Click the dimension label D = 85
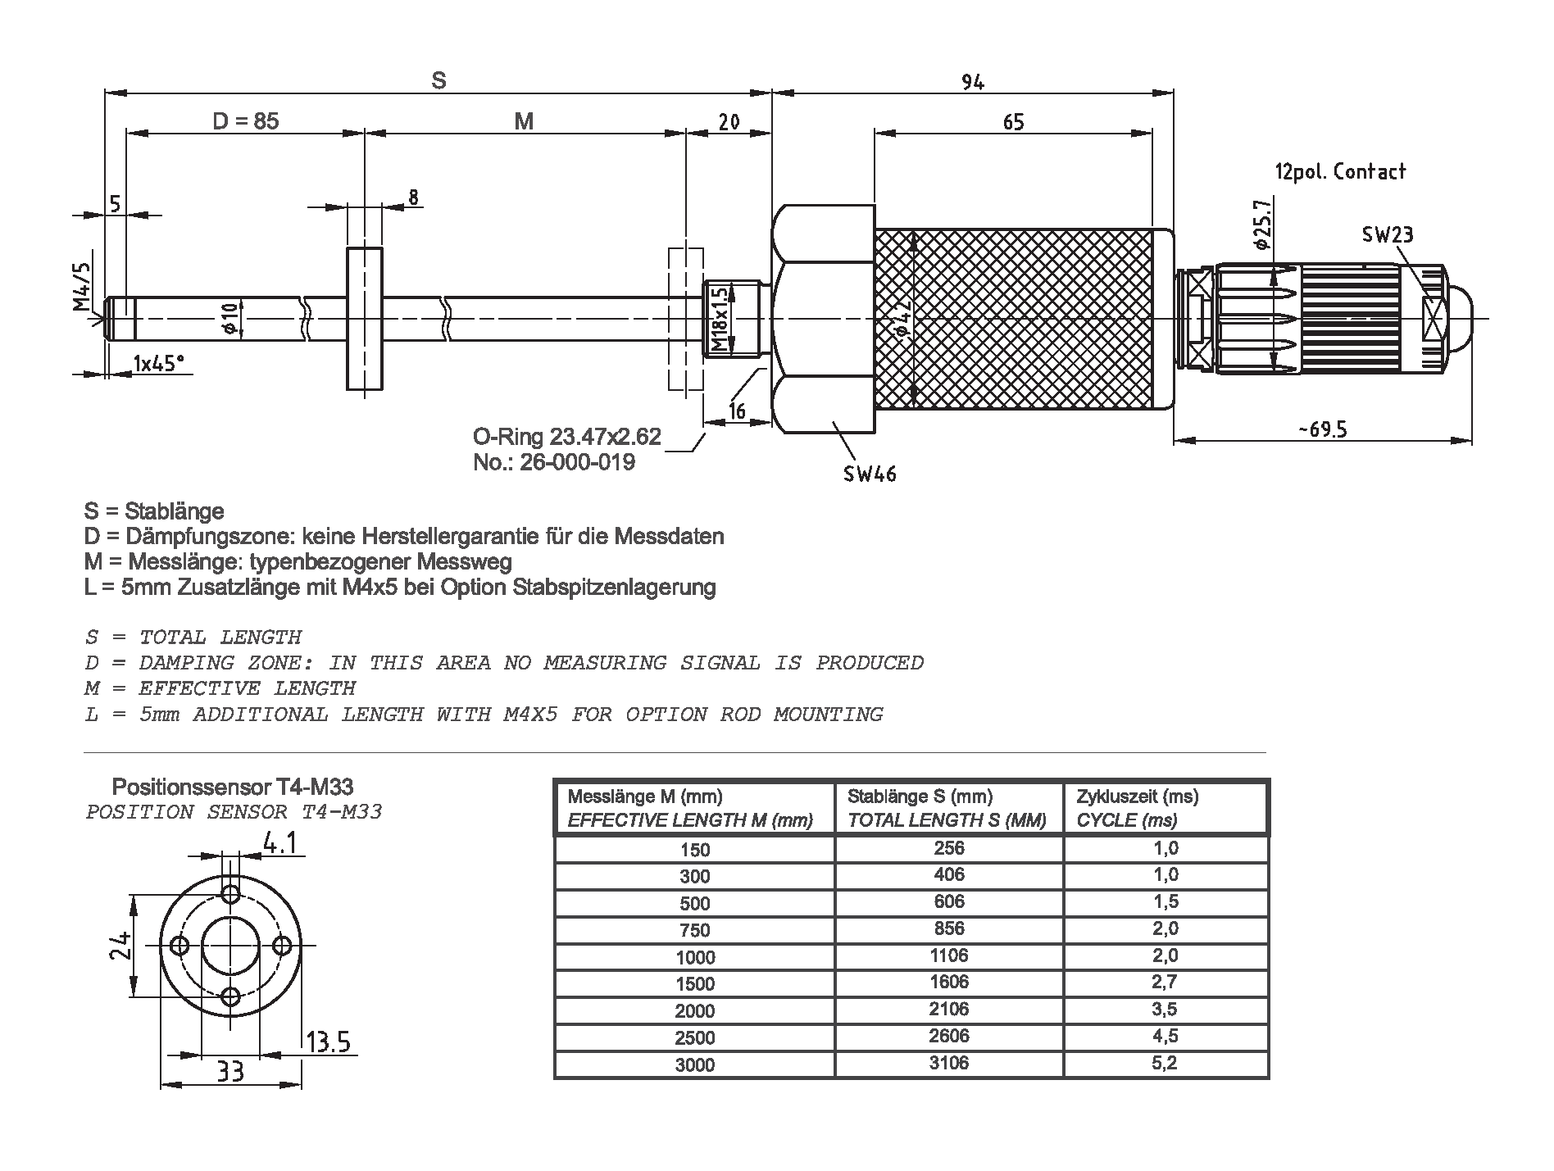tap(245, 121)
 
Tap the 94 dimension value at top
tap(972, 82)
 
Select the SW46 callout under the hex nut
tap(870, 474)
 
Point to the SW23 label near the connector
tap(1388, 235)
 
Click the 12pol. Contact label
tap(1340, 172)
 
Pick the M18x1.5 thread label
tap(720, 320)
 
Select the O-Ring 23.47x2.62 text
tap(566, 437)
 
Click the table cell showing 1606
tap(949, 982)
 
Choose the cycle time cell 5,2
tap(1165, 1063)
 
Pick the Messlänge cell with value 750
tap(694, 930)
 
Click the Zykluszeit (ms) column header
tap(1137, 797)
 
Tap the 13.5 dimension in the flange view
tap(328, 1042)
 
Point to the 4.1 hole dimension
tap(279, 843)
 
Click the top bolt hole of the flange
tap(231, 892)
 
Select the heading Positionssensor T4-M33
tap(232, 787)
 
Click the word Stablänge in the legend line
tap(174, 511)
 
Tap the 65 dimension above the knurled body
tap(1013, 122)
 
